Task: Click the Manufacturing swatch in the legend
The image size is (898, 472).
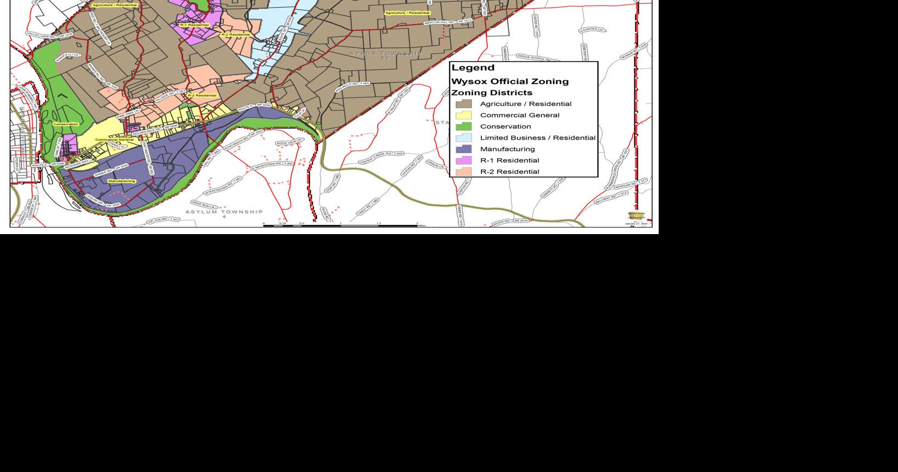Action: pos(463,149)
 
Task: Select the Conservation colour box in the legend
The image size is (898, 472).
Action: pos(463,126)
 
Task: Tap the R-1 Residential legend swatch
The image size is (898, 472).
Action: pos(463,160)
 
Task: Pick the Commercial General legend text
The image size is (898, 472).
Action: pos(519,115)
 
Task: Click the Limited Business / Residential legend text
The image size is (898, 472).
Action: pos(537,138)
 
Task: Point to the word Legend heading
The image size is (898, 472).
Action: pos(473,68)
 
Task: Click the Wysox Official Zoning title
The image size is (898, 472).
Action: pos(510,81)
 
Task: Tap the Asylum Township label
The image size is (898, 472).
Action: pos(224,212)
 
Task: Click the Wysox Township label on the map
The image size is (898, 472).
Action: pos(385,54)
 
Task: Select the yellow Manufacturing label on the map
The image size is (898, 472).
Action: pos(121,181)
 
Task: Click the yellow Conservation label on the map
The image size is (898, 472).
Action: pos(65,124)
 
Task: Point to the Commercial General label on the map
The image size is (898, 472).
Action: pos(114,140)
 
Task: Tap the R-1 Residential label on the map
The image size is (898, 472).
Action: pos(194,25)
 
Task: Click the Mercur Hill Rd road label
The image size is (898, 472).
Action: pos(448,21)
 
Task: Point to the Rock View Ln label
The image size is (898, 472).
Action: pos(289,143)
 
